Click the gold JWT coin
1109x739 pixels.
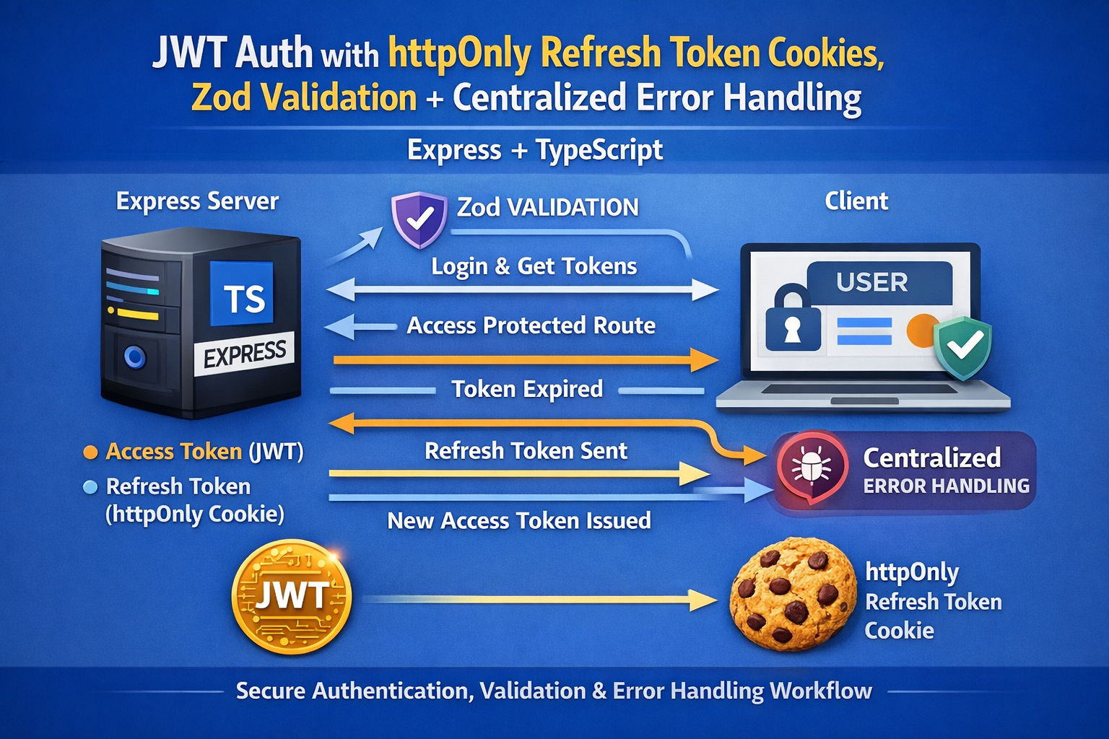click(x=292, y=597)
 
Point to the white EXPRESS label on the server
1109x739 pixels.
click(x=244, y=354)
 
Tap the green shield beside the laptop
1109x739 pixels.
click(x=962, y=346)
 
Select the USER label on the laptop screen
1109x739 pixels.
click(x=871, y=282)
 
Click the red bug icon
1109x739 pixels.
click(x=812, y=467)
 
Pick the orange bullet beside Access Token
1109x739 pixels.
click(x=90, y=452)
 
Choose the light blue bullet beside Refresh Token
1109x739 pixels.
click(x=90, y=487)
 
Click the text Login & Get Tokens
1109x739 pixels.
click(x=534, y=266)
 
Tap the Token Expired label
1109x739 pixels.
click(x=527, y=390)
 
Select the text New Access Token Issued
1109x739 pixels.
click(x=518, y=521)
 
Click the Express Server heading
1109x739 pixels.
click(x=197, y=201)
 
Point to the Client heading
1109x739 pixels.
click(x=856, y=201)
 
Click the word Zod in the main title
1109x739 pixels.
click(x=222, y=98)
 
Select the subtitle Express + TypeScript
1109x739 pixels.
click(x=534, y=150)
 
